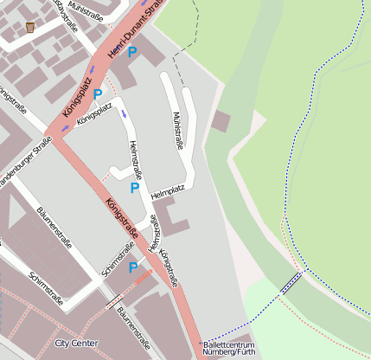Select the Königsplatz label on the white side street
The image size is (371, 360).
pyautogui.click(x=94, y=114)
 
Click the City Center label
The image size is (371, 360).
pyautogui.click(x=76, y=344)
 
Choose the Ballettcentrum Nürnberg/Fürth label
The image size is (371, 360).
pyautogui.click(x=228, y=348)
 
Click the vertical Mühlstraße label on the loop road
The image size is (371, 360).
pyautogui.click(x=177, y=130)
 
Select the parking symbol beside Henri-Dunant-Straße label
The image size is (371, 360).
pyautogui.click(x=132, y=53)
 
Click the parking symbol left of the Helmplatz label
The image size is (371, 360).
pyautogui.click(x=135, y=188)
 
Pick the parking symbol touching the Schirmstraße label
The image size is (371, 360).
pyautogui.click(x=133, y=268)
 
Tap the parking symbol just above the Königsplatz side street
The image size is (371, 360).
pyautogui.click(x=98, y=93)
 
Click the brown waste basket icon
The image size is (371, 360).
pyautogui.click(x=31, y=27)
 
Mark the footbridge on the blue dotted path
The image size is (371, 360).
pyautogui.click(x=291, y=281)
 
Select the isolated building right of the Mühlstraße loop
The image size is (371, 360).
pyautogui.click(x=221, y=121)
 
